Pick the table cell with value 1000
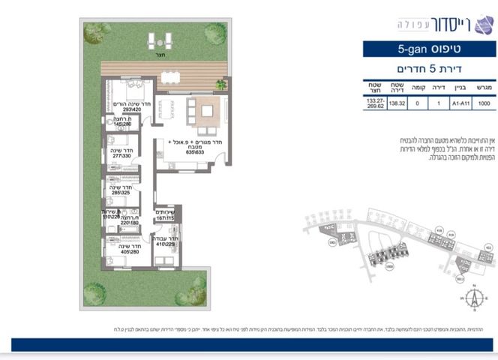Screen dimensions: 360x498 click(x=484, y=105)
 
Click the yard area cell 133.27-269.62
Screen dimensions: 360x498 click(x=374, y=105)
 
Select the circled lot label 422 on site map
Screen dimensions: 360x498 click(x=487, y=247)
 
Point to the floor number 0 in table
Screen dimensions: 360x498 click(x=418, y=105)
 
